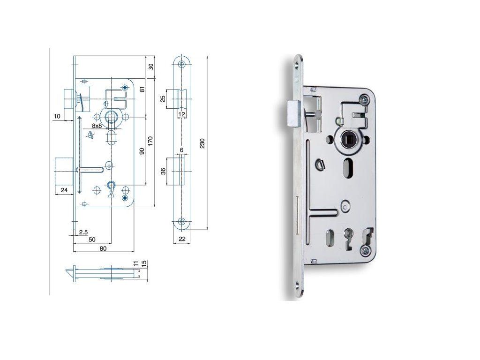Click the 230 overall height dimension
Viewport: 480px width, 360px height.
pyautogui.click(x=202, y=143)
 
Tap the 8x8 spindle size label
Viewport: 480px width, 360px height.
pyautogui.click(x=97, y=126)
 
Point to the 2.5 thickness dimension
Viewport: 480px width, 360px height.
pyautogui.click(x=83, y=232)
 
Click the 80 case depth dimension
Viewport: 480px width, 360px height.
pyautogui.click(x=103, y=248)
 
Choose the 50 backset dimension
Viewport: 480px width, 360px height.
pyautogui.click(x=92, y=240)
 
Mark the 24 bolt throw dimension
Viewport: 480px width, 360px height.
pyautogui.click(x=64, y=190)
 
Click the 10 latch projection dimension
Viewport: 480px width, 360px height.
pyautogui.click(x=57, y=116)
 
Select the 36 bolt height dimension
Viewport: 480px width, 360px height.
pyautogui.click(x=164, y=171)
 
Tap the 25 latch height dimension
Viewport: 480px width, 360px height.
pyautogui.click(x=163, y=98)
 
